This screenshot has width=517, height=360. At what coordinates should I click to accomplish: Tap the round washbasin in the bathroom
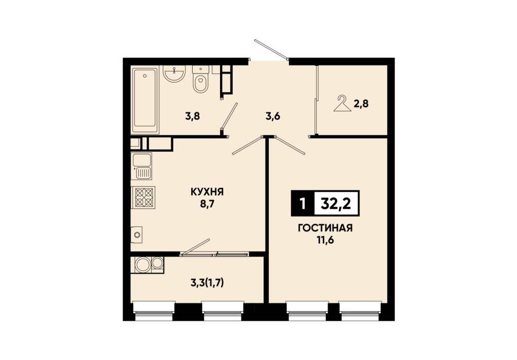click(x=174, y=74)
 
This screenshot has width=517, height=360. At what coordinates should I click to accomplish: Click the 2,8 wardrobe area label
click(x=361, y=104)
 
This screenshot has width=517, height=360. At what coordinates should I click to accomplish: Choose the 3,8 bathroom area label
click(x=193, y=116)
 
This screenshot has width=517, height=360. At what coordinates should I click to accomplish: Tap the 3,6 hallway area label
click(x=273, y=116)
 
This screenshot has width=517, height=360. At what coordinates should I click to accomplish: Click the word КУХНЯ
click(x=207, y=192)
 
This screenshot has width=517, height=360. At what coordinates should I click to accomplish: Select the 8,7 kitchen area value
click(x=208, y=204)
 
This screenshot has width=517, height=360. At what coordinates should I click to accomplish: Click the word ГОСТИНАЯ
click(x=325, y=228)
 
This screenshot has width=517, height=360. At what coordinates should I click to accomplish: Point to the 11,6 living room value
click(x=325, y=240)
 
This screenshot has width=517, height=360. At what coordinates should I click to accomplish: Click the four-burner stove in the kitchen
click(x=143, y=197)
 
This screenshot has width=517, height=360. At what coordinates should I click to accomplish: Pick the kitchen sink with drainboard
click(x=142, y=166)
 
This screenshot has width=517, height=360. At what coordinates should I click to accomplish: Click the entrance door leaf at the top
click(x=271, y=49)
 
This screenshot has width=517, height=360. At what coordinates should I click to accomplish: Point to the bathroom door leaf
click(x=230, y=116)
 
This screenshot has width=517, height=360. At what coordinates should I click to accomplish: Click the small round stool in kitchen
click(x=137, y=235)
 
